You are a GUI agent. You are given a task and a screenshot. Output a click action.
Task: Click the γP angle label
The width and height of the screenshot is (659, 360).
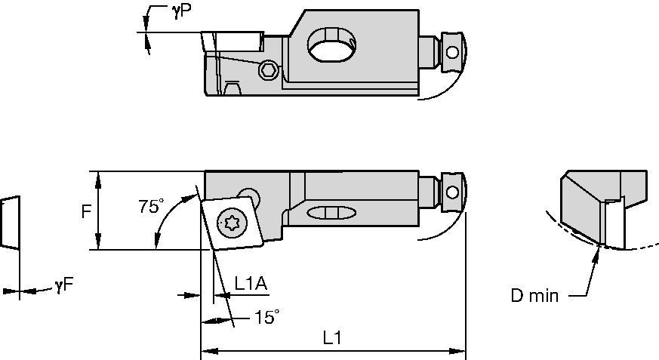coord(181,13)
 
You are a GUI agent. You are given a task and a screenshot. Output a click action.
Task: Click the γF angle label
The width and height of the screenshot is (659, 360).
coord(64,285)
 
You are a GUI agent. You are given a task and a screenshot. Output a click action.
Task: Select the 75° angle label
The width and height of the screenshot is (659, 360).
coord(151,206)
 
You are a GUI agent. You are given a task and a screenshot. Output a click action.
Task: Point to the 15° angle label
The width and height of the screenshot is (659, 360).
coord(267,317)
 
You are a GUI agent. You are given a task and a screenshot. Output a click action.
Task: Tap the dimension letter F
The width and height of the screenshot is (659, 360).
coord(86,211)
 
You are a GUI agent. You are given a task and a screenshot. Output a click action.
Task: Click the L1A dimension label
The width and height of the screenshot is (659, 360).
coord(251,285)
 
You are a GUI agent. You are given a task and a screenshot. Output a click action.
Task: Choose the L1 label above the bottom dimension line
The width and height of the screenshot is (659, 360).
coord(331,338)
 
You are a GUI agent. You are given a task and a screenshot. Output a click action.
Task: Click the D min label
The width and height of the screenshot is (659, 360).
coord(534,296)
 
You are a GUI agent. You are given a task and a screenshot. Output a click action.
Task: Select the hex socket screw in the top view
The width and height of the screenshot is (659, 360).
coord(268,69)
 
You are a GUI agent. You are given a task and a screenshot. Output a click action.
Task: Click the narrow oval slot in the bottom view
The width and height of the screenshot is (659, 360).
coord(332,213)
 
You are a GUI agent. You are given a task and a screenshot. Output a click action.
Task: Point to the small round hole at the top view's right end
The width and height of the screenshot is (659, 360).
coord(452,53)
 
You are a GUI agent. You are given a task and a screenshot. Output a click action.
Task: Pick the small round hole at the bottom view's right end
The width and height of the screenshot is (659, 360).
coord(452,192)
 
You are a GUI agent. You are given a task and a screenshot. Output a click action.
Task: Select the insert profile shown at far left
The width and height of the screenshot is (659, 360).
coord(10,223)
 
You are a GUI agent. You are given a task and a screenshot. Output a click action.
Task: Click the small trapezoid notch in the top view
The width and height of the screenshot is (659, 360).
coord(232,88)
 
